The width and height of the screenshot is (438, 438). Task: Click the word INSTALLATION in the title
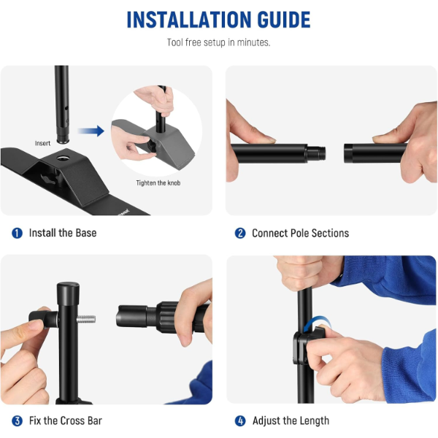[x=189, y=20]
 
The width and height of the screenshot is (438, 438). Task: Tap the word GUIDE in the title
[x=284, y=20]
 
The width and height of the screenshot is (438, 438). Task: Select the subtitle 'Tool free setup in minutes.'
[x=219, y=42]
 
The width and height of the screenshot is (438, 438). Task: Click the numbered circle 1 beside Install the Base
[x=17, y=233]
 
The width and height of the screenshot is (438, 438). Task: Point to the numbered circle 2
[x=240, y=234]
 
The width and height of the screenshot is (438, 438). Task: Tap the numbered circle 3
[x=17, y=420]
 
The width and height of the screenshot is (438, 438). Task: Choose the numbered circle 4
[x=240, y=420]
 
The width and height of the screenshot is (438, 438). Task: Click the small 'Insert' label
[x=43, y=143]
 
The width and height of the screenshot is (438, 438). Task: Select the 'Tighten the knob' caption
[x=158, y=183]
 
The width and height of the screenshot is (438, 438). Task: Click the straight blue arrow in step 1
[x=91, y=131]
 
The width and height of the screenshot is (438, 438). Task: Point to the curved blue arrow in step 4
[x=317, y=323]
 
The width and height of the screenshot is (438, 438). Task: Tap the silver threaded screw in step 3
[x=86, y=319]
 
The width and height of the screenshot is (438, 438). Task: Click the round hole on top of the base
[x=64, y=158]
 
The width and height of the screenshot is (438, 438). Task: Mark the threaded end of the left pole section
[x=316, y=153]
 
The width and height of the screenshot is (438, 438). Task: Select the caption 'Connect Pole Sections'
[x=300, y=234]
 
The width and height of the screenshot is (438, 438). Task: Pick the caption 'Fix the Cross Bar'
[x=66, y=420]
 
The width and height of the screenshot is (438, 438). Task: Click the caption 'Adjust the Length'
[x=291, y=420]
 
